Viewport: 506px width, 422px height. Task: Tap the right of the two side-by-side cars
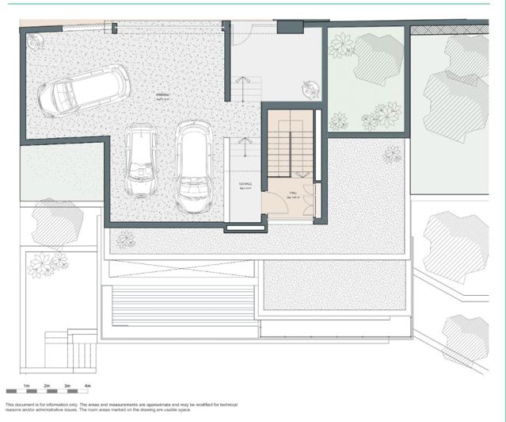194,167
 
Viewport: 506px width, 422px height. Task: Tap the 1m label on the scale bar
26,386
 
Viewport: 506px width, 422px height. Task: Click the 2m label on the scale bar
47,386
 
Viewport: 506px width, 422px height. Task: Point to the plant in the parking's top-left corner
33,39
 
